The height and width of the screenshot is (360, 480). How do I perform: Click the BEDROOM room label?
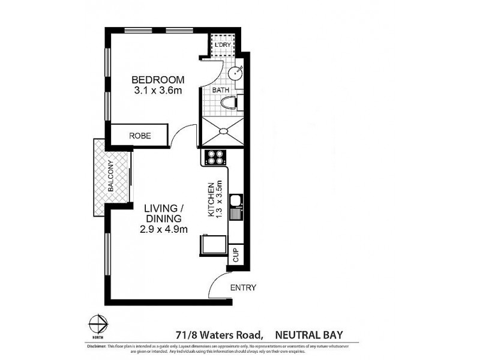pyautogui.click(x=158, y=80)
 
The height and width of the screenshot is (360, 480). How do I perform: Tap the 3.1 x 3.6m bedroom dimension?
pyautogui.click(x=158, y=91)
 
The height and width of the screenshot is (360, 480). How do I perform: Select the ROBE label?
pyautogui.click(x=140, y=136)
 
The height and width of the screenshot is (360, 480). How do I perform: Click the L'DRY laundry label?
pyautogui.click(x=224, y=45)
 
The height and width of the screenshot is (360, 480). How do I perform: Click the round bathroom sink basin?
pyautogui.click(x=236, y=73)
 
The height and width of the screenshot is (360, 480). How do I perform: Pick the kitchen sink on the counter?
pyautogui.click(x=238, y=207)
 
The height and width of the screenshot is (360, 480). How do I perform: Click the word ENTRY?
pyautogui.click(x=244, y=288)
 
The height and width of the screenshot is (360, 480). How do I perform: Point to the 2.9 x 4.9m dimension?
pyautogui.click(x=163, y=229)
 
